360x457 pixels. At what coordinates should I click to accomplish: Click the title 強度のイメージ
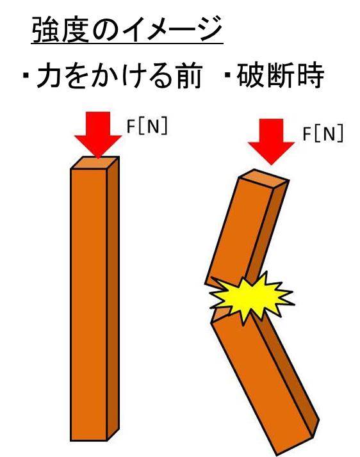pos(127,29)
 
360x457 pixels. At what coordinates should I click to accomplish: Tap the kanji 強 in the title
pos(45,29)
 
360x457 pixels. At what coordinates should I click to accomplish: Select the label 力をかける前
pos(119,76)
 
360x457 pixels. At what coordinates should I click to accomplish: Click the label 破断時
pos(280,76)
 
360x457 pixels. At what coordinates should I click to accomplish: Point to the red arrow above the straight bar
pos(98,134)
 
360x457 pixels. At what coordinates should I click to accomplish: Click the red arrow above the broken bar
pos(272,141)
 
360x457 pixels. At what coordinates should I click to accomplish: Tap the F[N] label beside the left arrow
pos(147,127)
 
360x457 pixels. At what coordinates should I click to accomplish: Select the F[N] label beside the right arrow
pos(323,134)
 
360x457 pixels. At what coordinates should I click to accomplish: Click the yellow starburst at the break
pos(251,298)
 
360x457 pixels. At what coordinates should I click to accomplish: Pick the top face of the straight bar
pos(95,163)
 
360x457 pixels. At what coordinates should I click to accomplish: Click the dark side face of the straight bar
pos(113,297)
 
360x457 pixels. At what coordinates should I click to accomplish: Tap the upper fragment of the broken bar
pos(247,230)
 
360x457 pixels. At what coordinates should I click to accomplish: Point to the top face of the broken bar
pos(264,178)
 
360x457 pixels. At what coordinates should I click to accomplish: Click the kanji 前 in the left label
pos(190,76)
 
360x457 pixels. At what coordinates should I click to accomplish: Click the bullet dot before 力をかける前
pos(26,76)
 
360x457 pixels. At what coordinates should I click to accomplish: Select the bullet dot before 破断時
pos(227,76)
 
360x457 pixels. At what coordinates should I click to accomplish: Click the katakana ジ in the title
pos(209,29)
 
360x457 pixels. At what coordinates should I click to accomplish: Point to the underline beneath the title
pos(127,44)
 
